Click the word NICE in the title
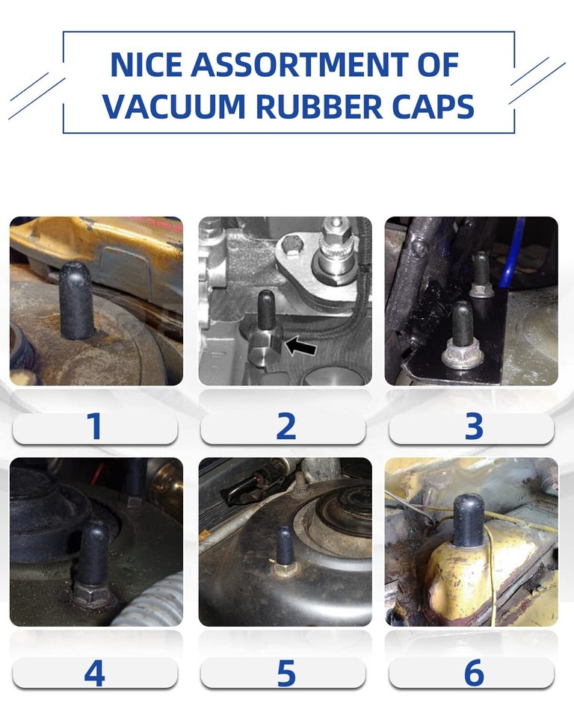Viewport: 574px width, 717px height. pos(146,66)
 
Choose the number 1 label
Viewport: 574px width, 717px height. pos(95,427)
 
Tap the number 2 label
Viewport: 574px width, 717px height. pos(286,427)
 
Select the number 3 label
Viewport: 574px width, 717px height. pos(474,427)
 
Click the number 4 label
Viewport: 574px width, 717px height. pos(95,673)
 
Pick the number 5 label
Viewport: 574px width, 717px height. pos(286,673)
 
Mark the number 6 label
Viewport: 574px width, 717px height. pos(474,673)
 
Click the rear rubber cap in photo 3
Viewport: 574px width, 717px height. pos(481,269)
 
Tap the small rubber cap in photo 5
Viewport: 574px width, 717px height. pos(285,546)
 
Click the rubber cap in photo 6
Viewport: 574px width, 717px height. pos(469,521)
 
